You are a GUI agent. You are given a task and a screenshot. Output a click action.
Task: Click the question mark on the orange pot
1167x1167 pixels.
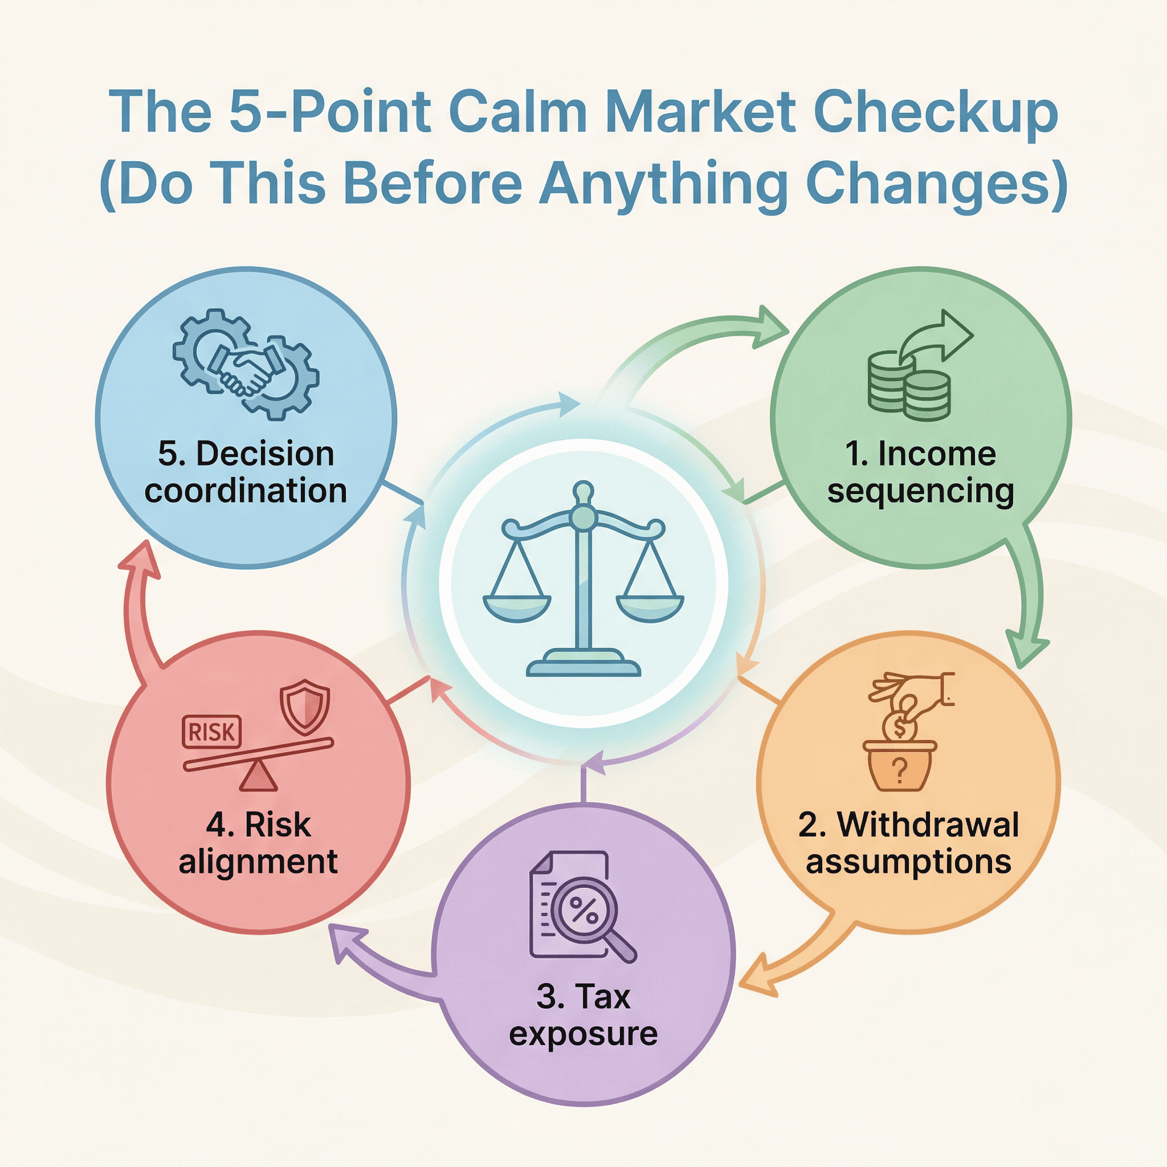(x=899, y=771)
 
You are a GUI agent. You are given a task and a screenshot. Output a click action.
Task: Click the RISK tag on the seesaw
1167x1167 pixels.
(x=211, y=732)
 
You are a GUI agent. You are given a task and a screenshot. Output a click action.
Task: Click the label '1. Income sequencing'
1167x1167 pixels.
(x=920, y=472)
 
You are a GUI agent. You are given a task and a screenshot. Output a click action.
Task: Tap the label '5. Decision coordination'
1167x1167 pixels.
(x=246, y=472)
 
